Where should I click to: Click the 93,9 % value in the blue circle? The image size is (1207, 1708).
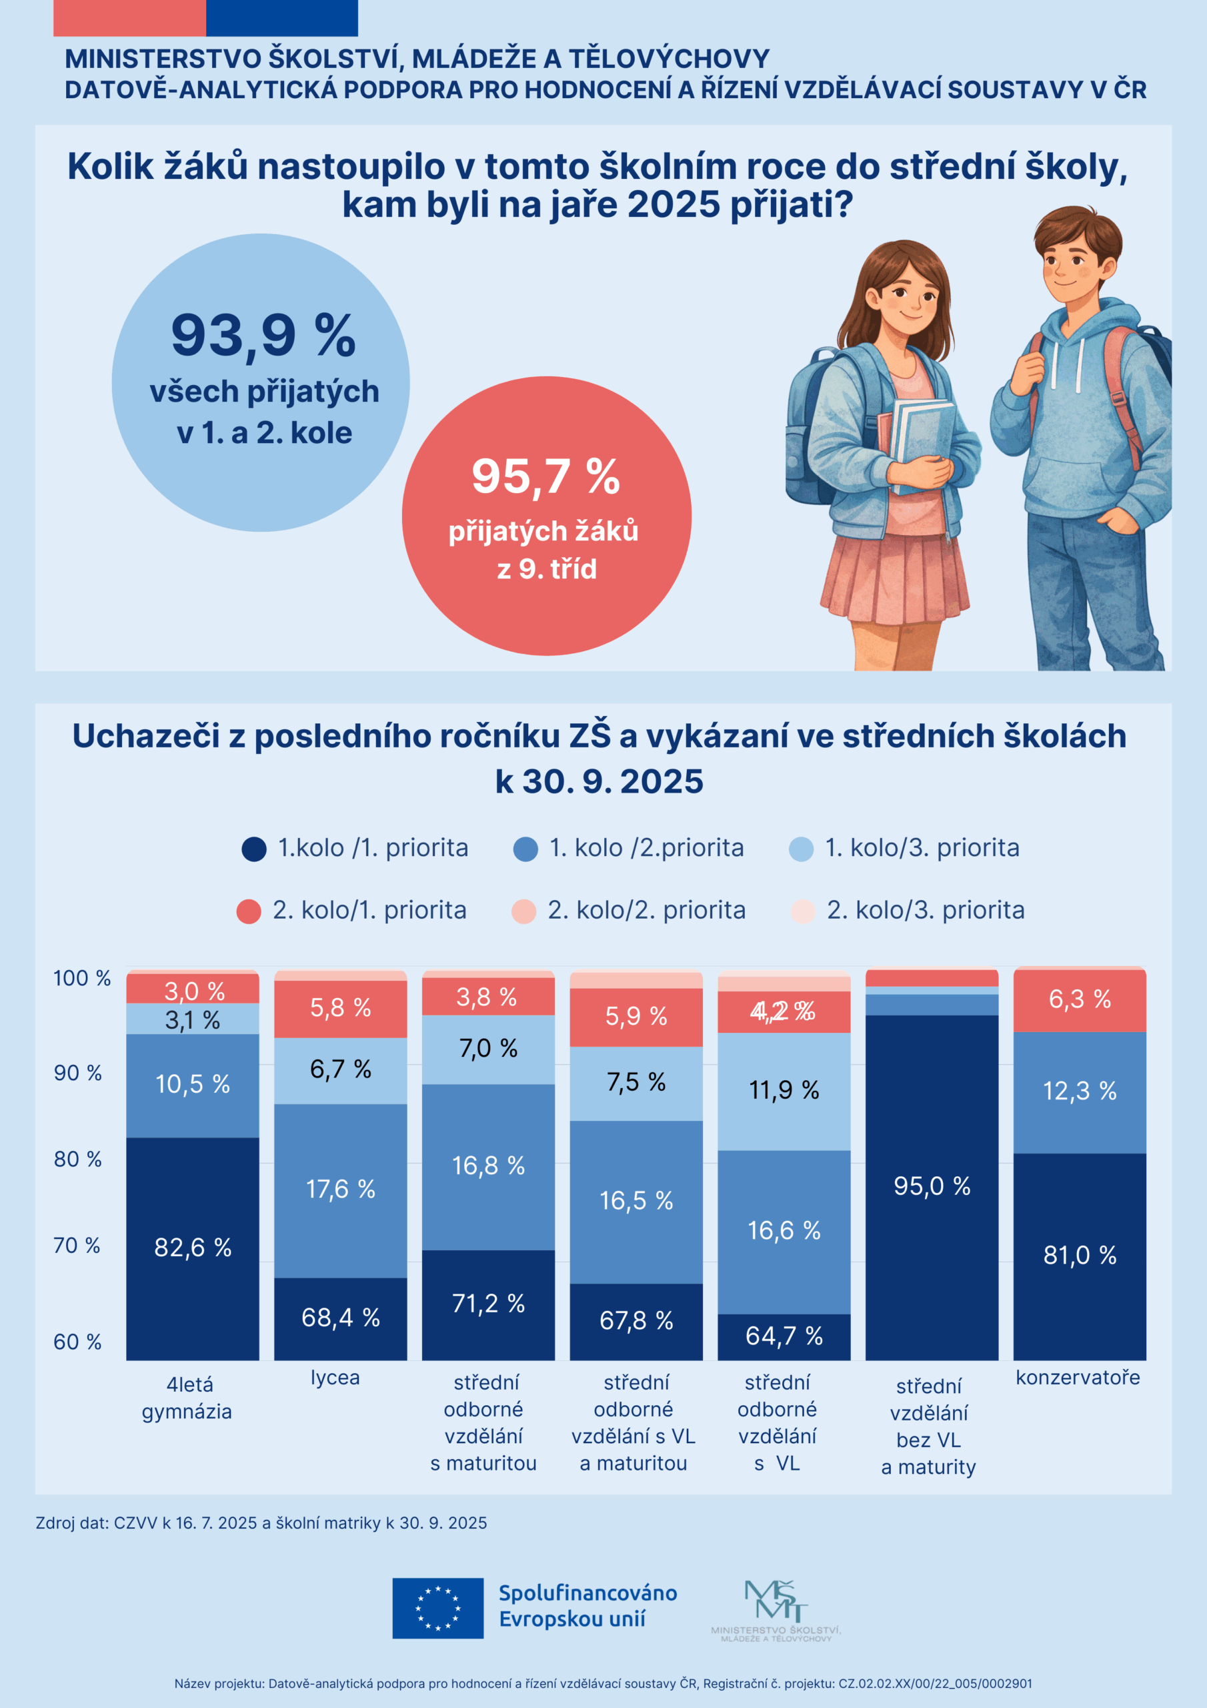[x=263, y=336]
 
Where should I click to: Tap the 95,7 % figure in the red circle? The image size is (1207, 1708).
[x=546, y=476]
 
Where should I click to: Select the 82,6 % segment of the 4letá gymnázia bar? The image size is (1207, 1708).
[x=193, y=1248]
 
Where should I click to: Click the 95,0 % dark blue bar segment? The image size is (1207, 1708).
[x=932, y=1186]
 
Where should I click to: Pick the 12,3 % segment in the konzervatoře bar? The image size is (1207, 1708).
[x=1079, y=1092]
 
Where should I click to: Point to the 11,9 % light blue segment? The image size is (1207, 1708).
[x=784, y=1091]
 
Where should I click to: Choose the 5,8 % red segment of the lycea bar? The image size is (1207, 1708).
[x=341, y=1008]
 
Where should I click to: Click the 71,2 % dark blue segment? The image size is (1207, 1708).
[x=489, y=1303]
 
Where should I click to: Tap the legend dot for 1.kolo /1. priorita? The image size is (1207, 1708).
[x=254, y=849]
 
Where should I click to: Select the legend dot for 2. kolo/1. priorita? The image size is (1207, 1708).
[x=248, y=911]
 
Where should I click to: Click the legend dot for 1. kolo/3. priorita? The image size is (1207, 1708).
[x=801, y=849]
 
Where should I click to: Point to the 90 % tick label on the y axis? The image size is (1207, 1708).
[x=77, y=1073]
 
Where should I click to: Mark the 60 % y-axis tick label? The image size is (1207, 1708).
[x=77, y=1341]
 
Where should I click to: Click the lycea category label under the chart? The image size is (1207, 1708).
[x=335, y=1377]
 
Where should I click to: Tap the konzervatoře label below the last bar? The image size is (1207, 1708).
[x=1078, y=1377]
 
